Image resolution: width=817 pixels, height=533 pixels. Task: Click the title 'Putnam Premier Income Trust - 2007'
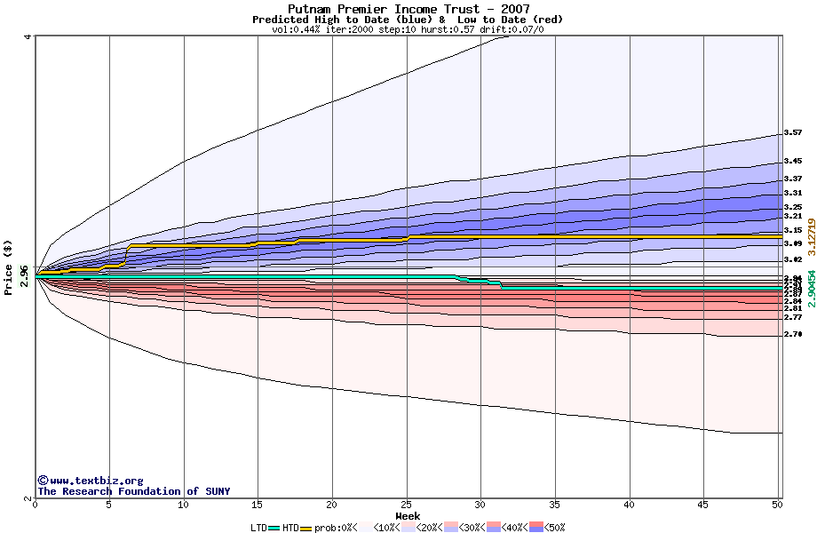(x=408, y=9)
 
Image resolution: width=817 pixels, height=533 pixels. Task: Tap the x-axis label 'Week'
(x=408, y=516)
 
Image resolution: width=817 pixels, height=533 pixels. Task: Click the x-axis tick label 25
(x=406, y=505)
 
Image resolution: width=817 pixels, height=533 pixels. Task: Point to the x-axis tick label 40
(x=629, y=505)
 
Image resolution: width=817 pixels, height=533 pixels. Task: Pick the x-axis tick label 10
(x=183, y=505)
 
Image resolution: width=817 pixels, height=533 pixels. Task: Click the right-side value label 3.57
(x=793, y=132)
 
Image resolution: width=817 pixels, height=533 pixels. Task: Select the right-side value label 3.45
(x=793, y=162)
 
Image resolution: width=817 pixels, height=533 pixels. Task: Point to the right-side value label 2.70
(x=793, y=334)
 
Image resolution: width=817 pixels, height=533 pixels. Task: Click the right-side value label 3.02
(x=793, y=259)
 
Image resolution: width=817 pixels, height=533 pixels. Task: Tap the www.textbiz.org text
(x=90, y=481)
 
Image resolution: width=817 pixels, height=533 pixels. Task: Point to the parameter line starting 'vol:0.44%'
(x=408, y=29)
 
